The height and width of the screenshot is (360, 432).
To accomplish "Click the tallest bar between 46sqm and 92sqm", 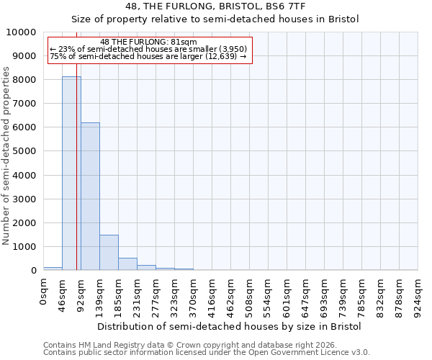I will point(71,173).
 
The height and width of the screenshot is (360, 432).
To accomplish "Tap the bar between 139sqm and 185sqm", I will point(109,252).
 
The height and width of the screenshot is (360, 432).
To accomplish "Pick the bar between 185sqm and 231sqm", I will point(127,264).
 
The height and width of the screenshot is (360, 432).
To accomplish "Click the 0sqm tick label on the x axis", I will point(44,292).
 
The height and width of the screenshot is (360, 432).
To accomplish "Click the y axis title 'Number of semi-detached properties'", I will point(6,156).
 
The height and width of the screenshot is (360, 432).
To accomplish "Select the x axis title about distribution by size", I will point(230,326).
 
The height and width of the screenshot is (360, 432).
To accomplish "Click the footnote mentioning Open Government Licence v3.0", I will point(207,353).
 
